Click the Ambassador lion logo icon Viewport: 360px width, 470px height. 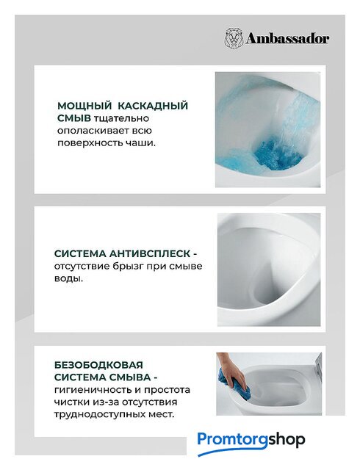tap(234, 38)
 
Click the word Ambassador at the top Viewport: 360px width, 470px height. tap(287, 39)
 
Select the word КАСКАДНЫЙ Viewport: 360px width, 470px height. tap(153, 106)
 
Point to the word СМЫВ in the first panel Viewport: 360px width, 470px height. tap(73, 118)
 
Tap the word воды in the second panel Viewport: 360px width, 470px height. tap(68, 279)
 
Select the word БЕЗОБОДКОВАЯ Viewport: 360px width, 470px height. tap(98, 365)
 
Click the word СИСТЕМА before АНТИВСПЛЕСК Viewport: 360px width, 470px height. tap(80, 253)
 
